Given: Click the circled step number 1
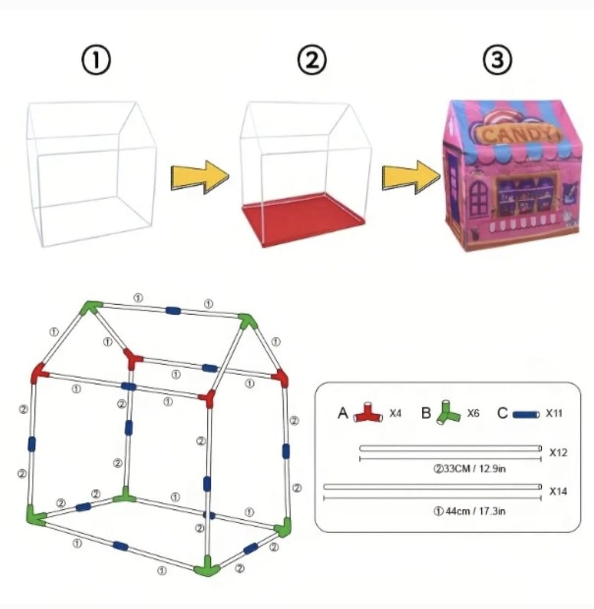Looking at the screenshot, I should point(96,61).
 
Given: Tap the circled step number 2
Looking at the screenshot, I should point(311,61).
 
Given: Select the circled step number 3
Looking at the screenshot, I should point(497,61).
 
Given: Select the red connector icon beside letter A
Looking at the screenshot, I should point(368,414).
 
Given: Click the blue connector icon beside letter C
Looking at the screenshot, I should point(526,414).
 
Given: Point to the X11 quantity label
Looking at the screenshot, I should point(554,413).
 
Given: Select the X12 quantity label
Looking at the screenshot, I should point(558,452).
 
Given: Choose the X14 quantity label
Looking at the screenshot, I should point(558,491).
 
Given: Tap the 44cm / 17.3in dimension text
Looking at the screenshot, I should point(469,511).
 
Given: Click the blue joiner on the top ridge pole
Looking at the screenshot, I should point(173,311).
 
